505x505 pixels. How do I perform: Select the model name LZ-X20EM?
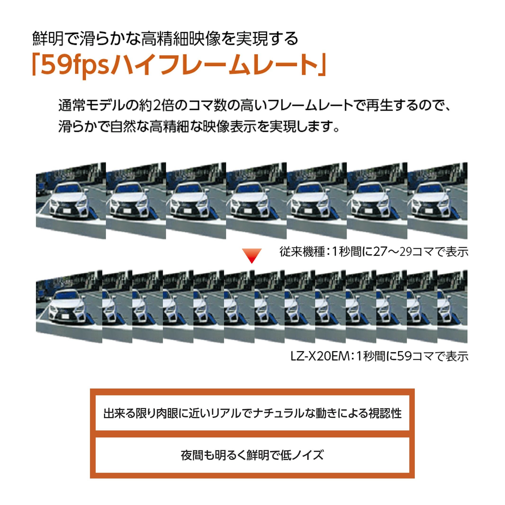click(x=320, y=356)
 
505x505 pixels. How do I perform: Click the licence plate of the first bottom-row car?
click(x=66, y=316)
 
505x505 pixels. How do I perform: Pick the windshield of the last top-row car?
click(x=430, y=188)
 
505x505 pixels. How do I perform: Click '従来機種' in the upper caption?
click(x=302, y=252)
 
